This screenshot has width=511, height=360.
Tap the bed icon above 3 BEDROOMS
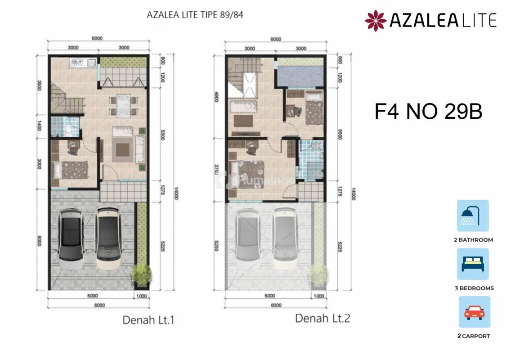(473, 264)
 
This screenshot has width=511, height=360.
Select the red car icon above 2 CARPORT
(474, 312)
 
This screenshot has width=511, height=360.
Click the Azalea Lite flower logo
(376, 21)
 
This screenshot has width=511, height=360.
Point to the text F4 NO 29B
(428, 112)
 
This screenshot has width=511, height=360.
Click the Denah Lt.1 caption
(148, 320)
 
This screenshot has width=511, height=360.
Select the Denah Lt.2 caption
(323, 318)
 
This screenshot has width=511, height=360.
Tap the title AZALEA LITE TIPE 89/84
(195, 15)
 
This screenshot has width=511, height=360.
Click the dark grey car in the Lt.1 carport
(71, 239)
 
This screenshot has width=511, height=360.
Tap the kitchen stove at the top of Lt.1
(77, 62)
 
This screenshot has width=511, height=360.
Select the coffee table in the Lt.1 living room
(122, 150)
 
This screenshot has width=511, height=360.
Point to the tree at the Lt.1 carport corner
(141, 274)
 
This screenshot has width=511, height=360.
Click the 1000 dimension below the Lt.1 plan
(141, 296)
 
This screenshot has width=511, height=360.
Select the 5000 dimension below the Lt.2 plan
(270, 296)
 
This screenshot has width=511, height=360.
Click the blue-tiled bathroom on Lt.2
(310, 160)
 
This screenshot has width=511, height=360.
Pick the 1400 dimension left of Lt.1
(39, 126)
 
